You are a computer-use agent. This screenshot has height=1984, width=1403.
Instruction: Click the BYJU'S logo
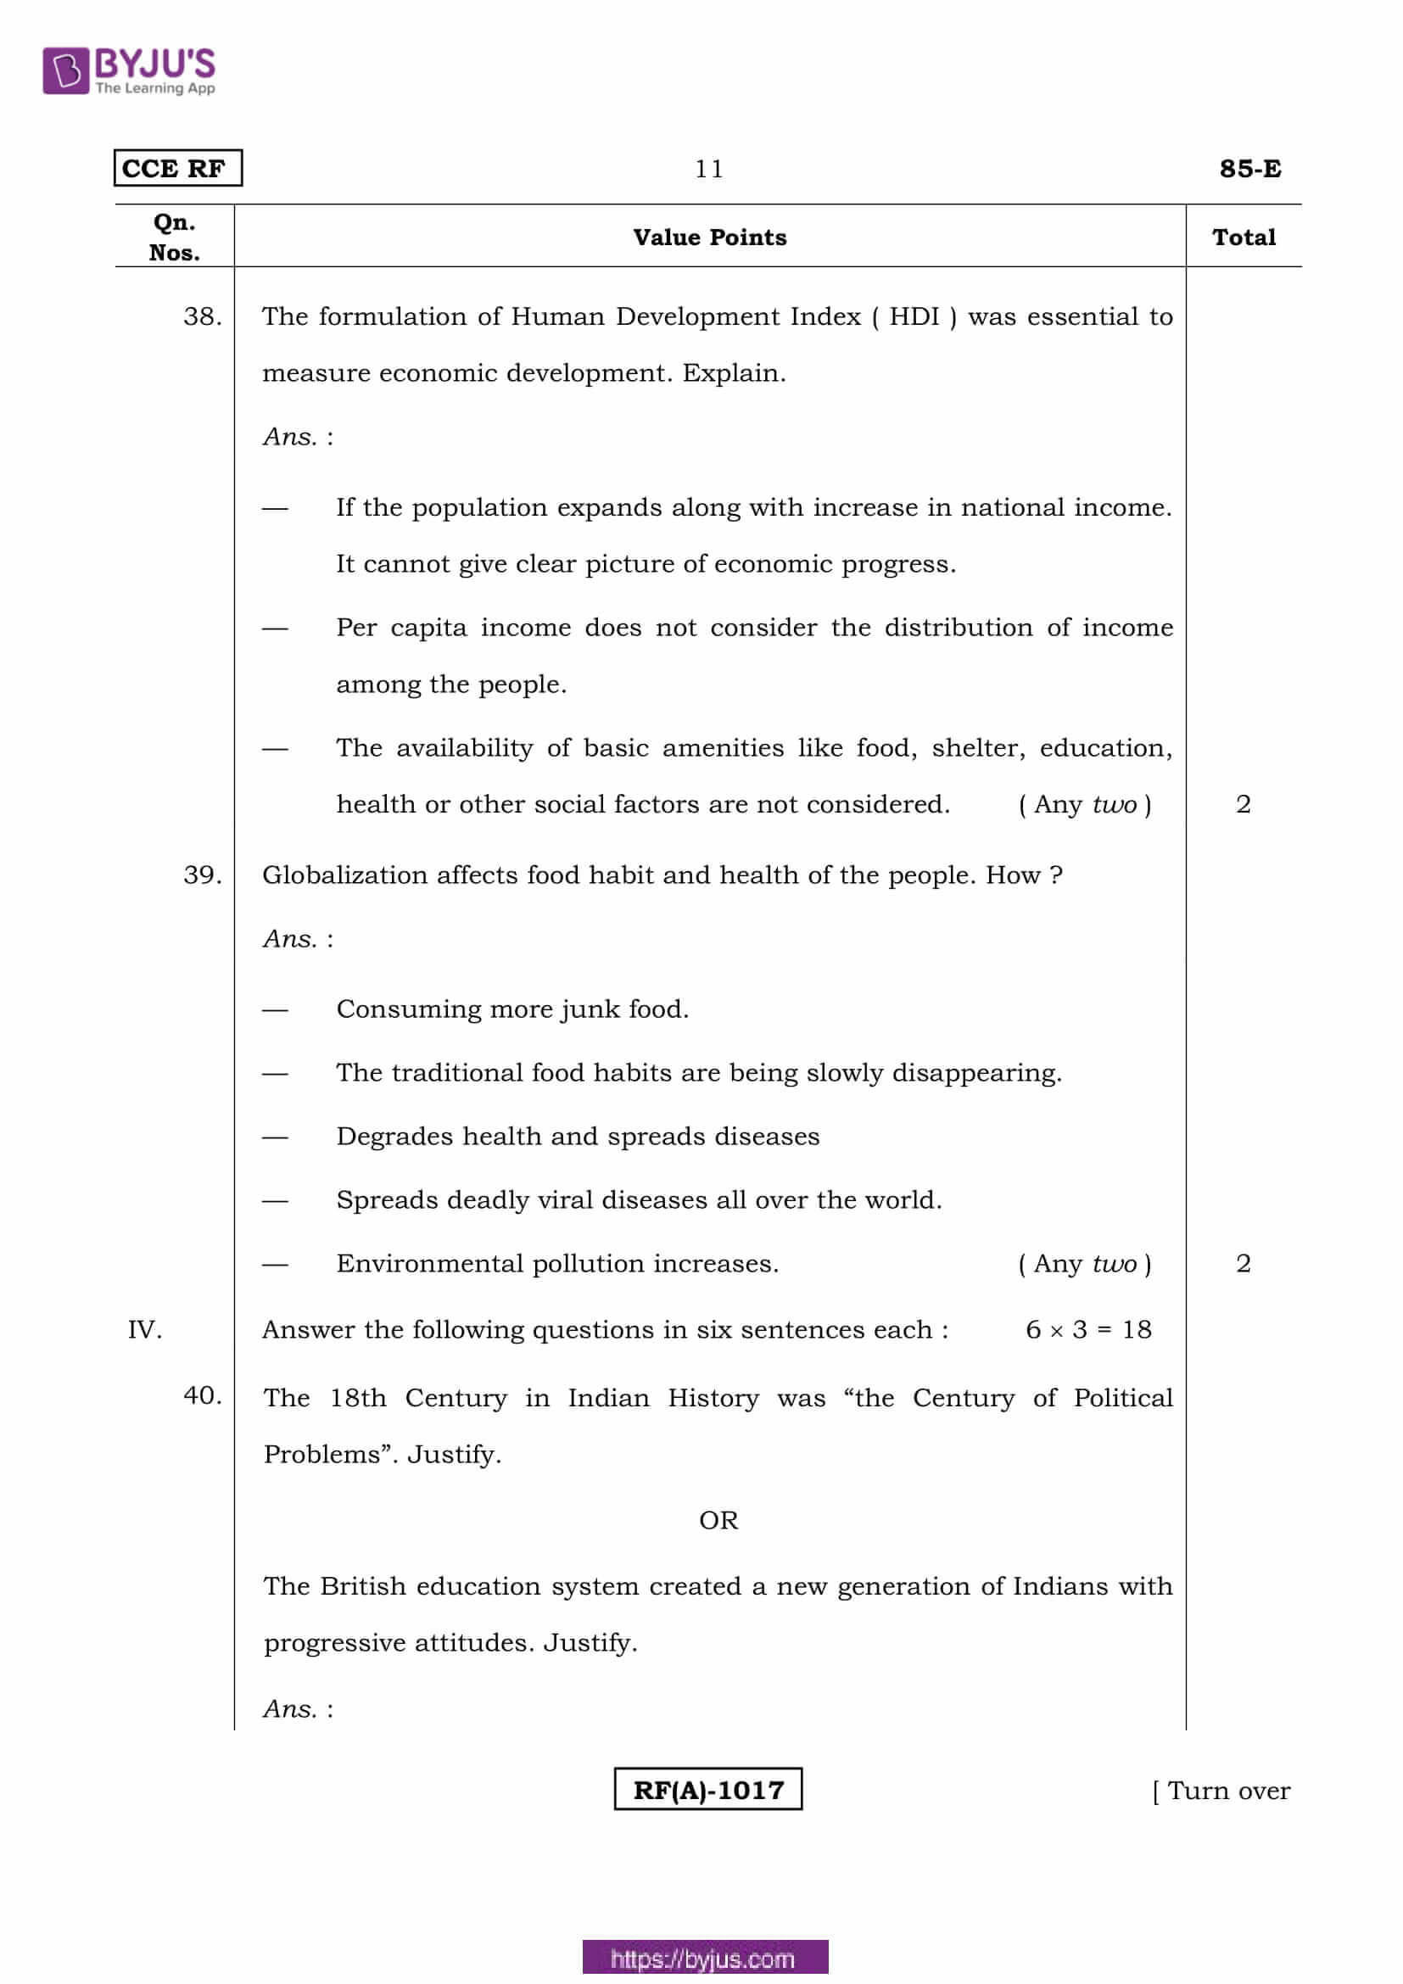click(x=129, y=71)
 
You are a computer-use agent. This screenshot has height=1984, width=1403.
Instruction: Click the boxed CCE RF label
click(x=177, y=169)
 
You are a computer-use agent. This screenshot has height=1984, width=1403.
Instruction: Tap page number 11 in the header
click(x=708, y=169)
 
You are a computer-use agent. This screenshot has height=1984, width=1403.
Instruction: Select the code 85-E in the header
click(x=1249, y=169)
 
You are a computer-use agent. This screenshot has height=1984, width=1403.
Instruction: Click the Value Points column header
click(x=709, y=237)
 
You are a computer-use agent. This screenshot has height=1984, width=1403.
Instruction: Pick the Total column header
click(x=1244, y=237)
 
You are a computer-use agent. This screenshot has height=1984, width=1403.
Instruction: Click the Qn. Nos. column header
click(x=174, y=237)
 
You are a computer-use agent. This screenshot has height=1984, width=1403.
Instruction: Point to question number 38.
click(x=202, y=316)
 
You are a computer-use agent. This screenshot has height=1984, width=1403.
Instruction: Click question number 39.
click(x=202, y=875)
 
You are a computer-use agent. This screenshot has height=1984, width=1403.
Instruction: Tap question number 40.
click(x=202, y=1394)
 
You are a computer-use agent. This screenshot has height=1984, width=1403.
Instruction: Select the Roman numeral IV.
click(x=144, y=1329)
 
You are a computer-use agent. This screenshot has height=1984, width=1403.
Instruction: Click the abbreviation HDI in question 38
click(x=914, y=316)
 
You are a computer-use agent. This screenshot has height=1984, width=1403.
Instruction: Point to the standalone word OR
click(x=718, y=1520)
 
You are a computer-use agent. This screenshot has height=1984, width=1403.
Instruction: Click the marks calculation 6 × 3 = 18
click(x=1087, y=1329)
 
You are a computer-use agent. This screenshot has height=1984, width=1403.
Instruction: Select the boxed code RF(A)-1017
click(x=707, y=1790)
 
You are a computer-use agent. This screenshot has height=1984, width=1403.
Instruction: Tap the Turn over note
click(x=1221, y=1791)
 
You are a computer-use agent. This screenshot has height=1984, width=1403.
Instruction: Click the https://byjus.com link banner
click(x=704, y=1958)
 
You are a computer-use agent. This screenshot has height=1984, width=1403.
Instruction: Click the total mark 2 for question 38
click(x=1243, y=803)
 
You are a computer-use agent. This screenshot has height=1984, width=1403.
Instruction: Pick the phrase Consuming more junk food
click(x=512, y=1009)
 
